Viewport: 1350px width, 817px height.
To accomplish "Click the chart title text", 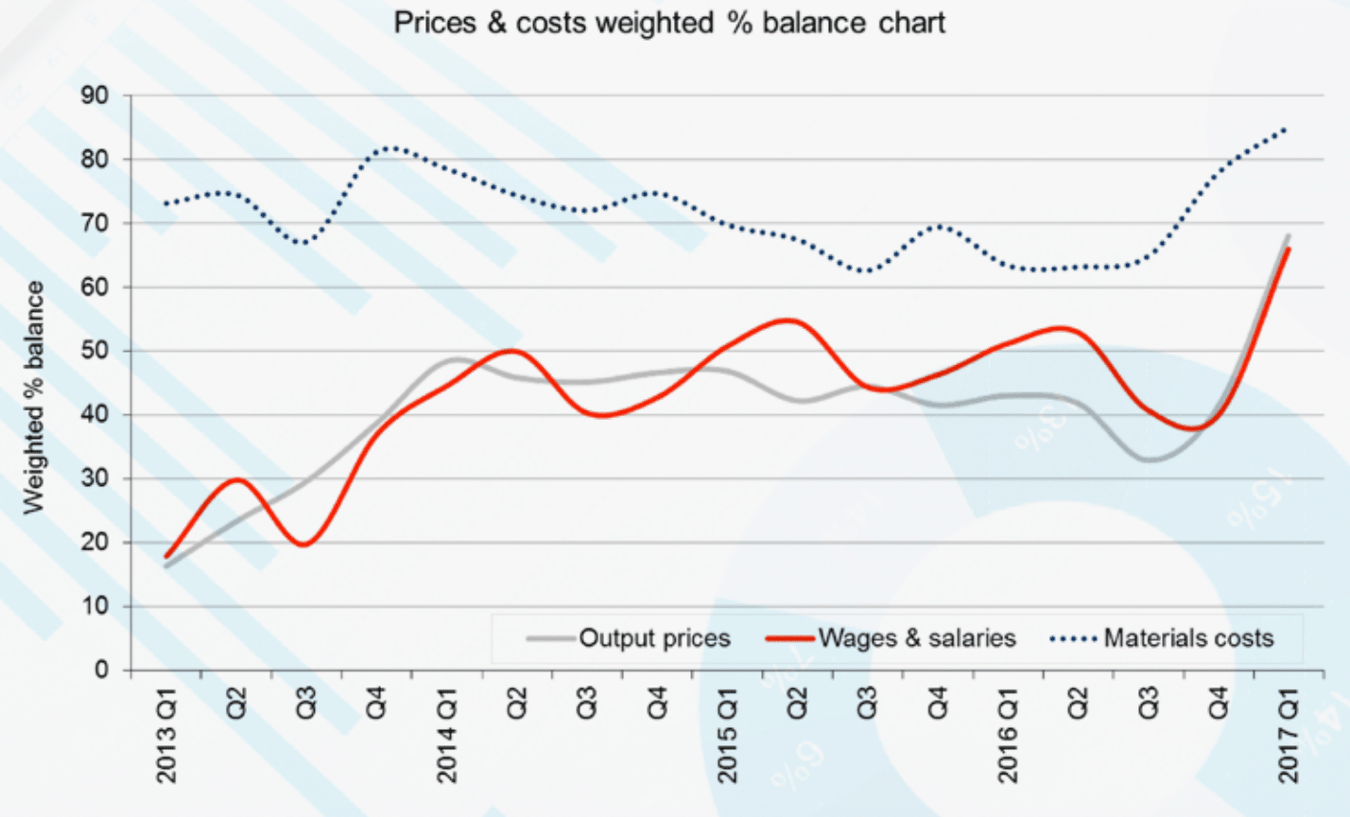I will (x=669, y=24).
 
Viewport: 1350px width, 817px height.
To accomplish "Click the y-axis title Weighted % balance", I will (x=35, y=397).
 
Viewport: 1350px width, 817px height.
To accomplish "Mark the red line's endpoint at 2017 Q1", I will (x=1288, y=249).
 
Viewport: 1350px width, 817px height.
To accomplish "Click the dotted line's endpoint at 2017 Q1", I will (x=1286, y=129).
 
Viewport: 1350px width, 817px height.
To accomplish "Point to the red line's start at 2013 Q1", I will (x=167, y=556).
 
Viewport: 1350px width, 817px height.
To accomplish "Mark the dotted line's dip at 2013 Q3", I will (x=304, y=243).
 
